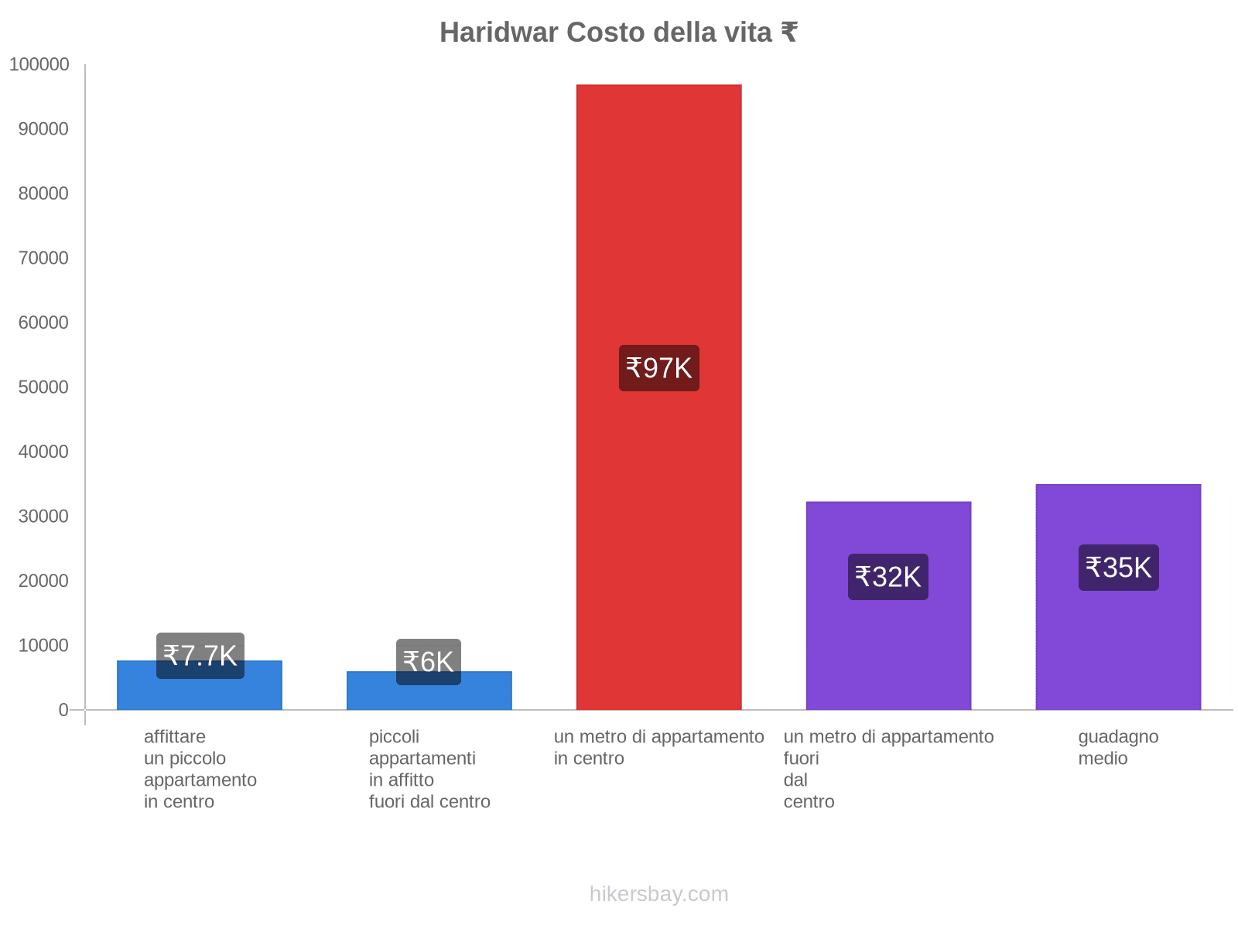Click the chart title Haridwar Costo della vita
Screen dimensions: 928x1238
pyautogui.click(x=617, y=32)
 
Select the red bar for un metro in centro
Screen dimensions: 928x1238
pyautogui.click(x=658, y=232)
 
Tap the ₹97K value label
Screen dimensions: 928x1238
pyautogui.click(x=658, y=368)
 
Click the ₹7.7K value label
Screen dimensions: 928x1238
pyautogui.click(x=200, y=656)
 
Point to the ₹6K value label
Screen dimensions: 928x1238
pyautogui.click(x=428, y=662)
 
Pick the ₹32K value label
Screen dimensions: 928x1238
pyautogui.click(x=887, y=577)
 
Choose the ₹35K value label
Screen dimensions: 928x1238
pyautogui.click(x=1118, y=568)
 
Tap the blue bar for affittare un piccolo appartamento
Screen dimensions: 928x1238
pyautogui.click(x=200, y=693)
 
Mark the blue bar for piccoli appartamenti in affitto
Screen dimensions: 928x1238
pyautogui.click(x=428, y=696)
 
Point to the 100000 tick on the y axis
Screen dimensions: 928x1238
pyautogui.click(x=39, y=65)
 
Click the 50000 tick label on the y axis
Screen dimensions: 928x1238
pyautogui.click(x=43, y=387)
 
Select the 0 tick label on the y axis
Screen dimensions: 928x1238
pyautogui.click(x=63, y=710)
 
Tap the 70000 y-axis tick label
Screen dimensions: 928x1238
pyautogui.click(x=43, y=258)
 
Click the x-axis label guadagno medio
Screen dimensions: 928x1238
pyautogui.click(x=1117, y=747)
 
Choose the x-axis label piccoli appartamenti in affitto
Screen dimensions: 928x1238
pyautogui.click(x=429, y=769)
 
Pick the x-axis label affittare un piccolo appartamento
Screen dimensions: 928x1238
pyautogui.click(x=200, y=769)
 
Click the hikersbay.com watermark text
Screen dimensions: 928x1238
pyautogui.click(x=658, y=894)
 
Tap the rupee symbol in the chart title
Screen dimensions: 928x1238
pyautogui.click(x=788, y=32)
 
